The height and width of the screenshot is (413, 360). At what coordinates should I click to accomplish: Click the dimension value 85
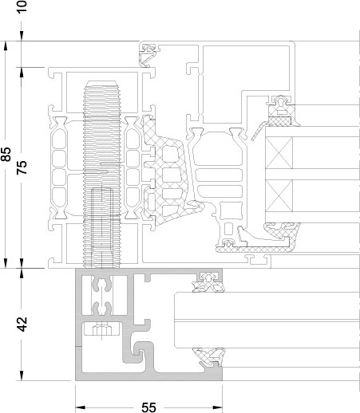tap(6, 154)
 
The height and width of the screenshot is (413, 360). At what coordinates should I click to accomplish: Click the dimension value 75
tap(22, 167)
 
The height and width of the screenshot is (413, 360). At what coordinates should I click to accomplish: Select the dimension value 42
tap(22, 324)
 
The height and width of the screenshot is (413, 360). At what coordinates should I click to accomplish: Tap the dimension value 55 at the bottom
tap(148, 407)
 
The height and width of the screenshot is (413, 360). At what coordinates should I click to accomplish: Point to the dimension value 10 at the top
tap(22, 6)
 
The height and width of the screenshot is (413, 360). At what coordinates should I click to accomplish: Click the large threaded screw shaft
tap(101, 174)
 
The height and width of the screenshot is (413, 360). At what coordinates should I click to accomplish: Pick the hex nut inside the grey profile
tap(102, 331)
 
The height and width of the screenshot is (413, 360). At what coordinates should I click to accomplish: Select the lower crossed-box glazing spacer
tap(279, 195)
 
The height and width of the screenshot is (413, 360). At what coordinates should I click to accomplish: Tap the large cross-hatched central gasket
tap(166, 173)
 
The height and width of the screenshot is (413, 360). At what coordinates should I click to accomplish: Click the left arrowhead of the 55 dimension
tap(80, 407)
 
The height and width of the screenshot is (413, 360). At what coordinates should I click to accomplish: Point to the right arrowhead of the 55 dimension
tap(218, 407)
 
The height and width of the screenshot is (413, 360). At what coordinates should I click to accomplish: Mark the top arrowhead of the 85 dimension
tap(6, 46)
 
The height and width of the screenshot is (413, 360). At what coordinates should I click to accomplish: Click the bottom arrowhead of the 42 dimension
tap(22, 376)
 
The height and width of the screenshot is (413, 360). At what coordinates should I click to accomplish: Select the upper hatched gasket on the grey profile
tap(209, 282)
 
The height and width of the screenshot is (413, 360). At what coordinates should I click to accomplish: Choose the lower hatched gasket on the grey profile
tap(210, 356)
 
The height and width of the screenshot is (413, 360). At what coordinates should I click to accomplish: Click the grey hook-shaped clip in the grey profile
tap(138, 351)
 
